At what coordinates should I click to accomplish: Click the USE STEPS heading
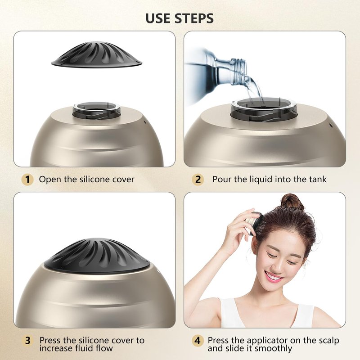click(180, 18)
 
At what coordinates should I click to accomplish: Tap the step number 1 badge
click(27, 180)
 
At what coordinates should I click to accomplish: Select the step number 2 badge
click(198, 180)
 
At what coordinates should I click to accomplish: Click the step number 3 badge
click(27, 341)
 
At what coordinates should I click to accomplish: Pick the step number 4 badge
click(198, 341)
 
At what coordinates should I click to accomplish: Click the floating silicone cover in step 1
click(96, 54)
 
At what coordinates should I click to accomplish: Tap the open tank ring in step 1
click(96, 110)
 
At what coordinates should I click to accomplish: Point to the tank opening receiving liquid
click(264, 108)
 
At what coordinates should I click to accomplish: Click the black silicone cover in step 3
click(97, 255)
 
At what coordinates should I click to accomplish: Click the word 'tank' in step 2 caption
click(318, 179)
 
